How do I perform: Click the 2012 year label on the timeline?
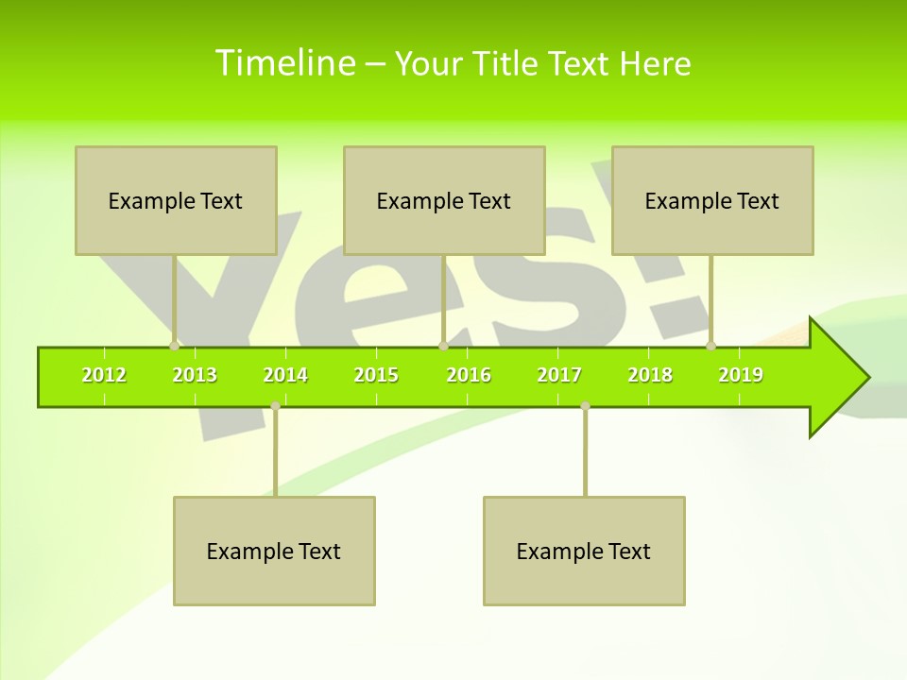coord(104,376)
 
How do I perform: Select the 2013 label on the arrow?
coord(195,376)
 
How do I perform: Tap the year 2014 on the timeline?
coord(285,376)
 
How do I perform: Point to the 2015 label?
coord(376,376)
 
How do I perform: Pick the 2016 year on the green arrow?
coord(469,376)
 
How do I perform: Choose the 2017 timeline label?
coord(559,376)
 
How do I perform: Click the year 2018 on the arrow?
coord(650,376)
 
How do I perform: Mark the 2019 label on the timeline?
coord(741,376)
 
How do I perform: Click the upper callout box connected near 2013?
coord(176,200)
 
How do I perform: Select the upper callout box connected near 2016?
coord(444,200)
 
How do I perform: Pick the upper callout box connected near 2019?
coord(712,200)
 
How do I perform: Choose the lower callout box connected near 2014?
coord(274,551)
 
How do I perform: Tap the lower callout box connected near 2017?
coord(584,551)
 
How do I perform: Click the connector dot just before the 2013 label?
coord(174,346)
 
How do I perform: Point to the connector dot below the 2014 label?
coord(275,406)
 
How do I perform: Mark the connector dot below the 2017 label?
coord(585,406)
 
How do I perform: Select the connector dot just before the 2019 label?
coord(710,346)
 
